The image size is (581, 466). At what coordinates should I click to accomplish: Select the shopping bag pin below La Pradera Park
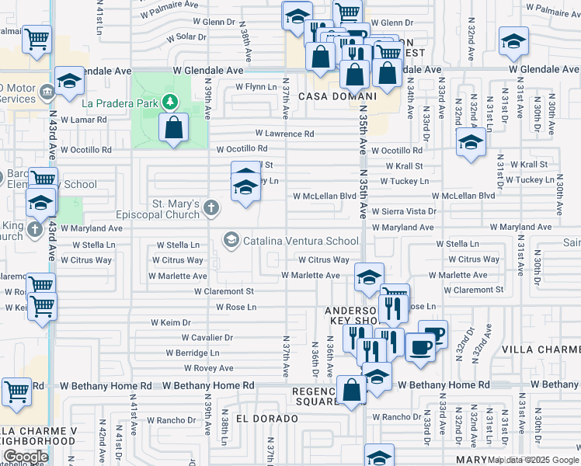174,128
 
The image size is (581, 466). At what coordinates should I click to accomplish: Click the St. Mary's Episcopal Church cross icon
211,207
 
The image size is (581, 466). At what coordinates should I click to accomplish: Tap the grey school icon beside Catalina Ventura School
231,240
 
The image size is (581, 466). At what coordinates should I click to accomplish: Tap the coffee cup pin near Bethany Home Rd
421,347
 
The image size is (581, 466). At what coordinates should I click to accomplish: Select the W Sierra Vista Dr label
404,211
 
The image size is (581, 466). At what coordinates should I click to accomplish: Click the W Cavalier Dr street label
207,337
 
